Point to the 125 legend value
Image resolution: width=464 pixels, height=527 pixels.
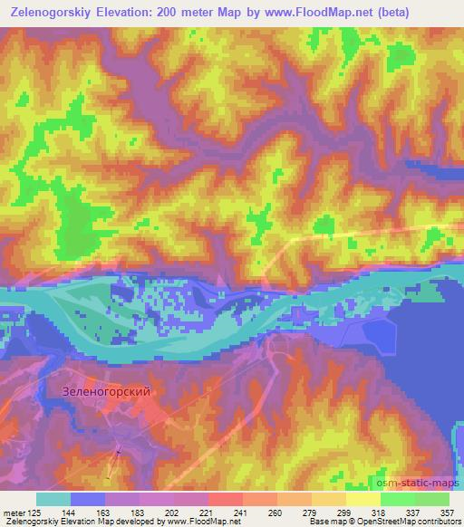(34, 512)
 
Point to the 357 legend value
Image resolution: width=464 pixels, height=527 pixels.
(446, 512)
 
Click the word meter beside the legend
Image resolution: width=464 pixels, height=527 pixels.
(13, 512)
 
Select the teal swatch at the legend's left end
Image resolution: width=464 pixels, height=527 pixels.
(53, 499)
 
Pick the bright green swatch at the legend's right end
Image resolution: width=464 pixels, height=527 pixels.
(431, 499)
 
